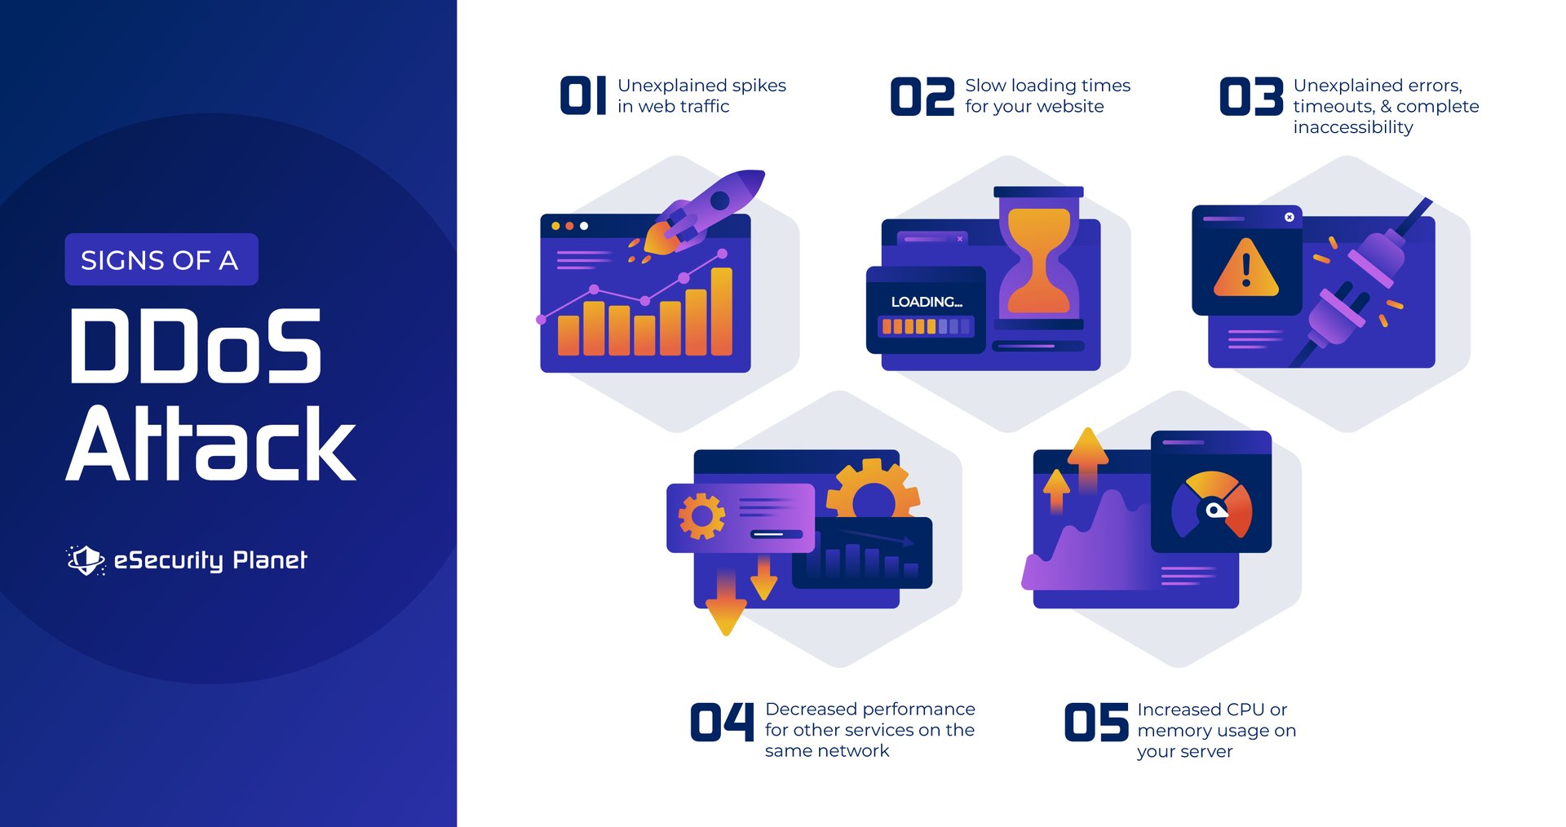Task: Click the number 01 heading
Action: point(583,96)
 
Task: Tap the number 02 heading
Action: point(922,96)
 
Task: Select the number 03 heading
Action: point(1251,96)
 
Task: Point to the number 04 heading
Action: point(722,722)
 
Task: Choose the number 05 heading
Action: point(1096,723)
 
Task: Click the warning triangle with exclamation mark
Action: point(1245,268)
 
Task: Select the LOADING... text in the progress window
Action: point(927,302)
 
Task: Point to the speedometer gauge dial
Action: point(1211,506)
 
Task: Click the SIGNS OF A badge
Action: point(161,260)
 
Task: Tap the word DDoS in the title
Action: point(196,347)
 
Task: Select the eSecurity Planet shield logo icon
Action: point(86,559)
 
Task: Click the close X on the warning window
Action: point(1290,217)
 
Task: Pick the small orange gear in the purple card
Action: point(701,515)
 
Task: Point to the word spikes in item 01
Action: point(759,86)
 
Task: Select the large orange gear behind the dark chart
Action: point(873,489)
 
